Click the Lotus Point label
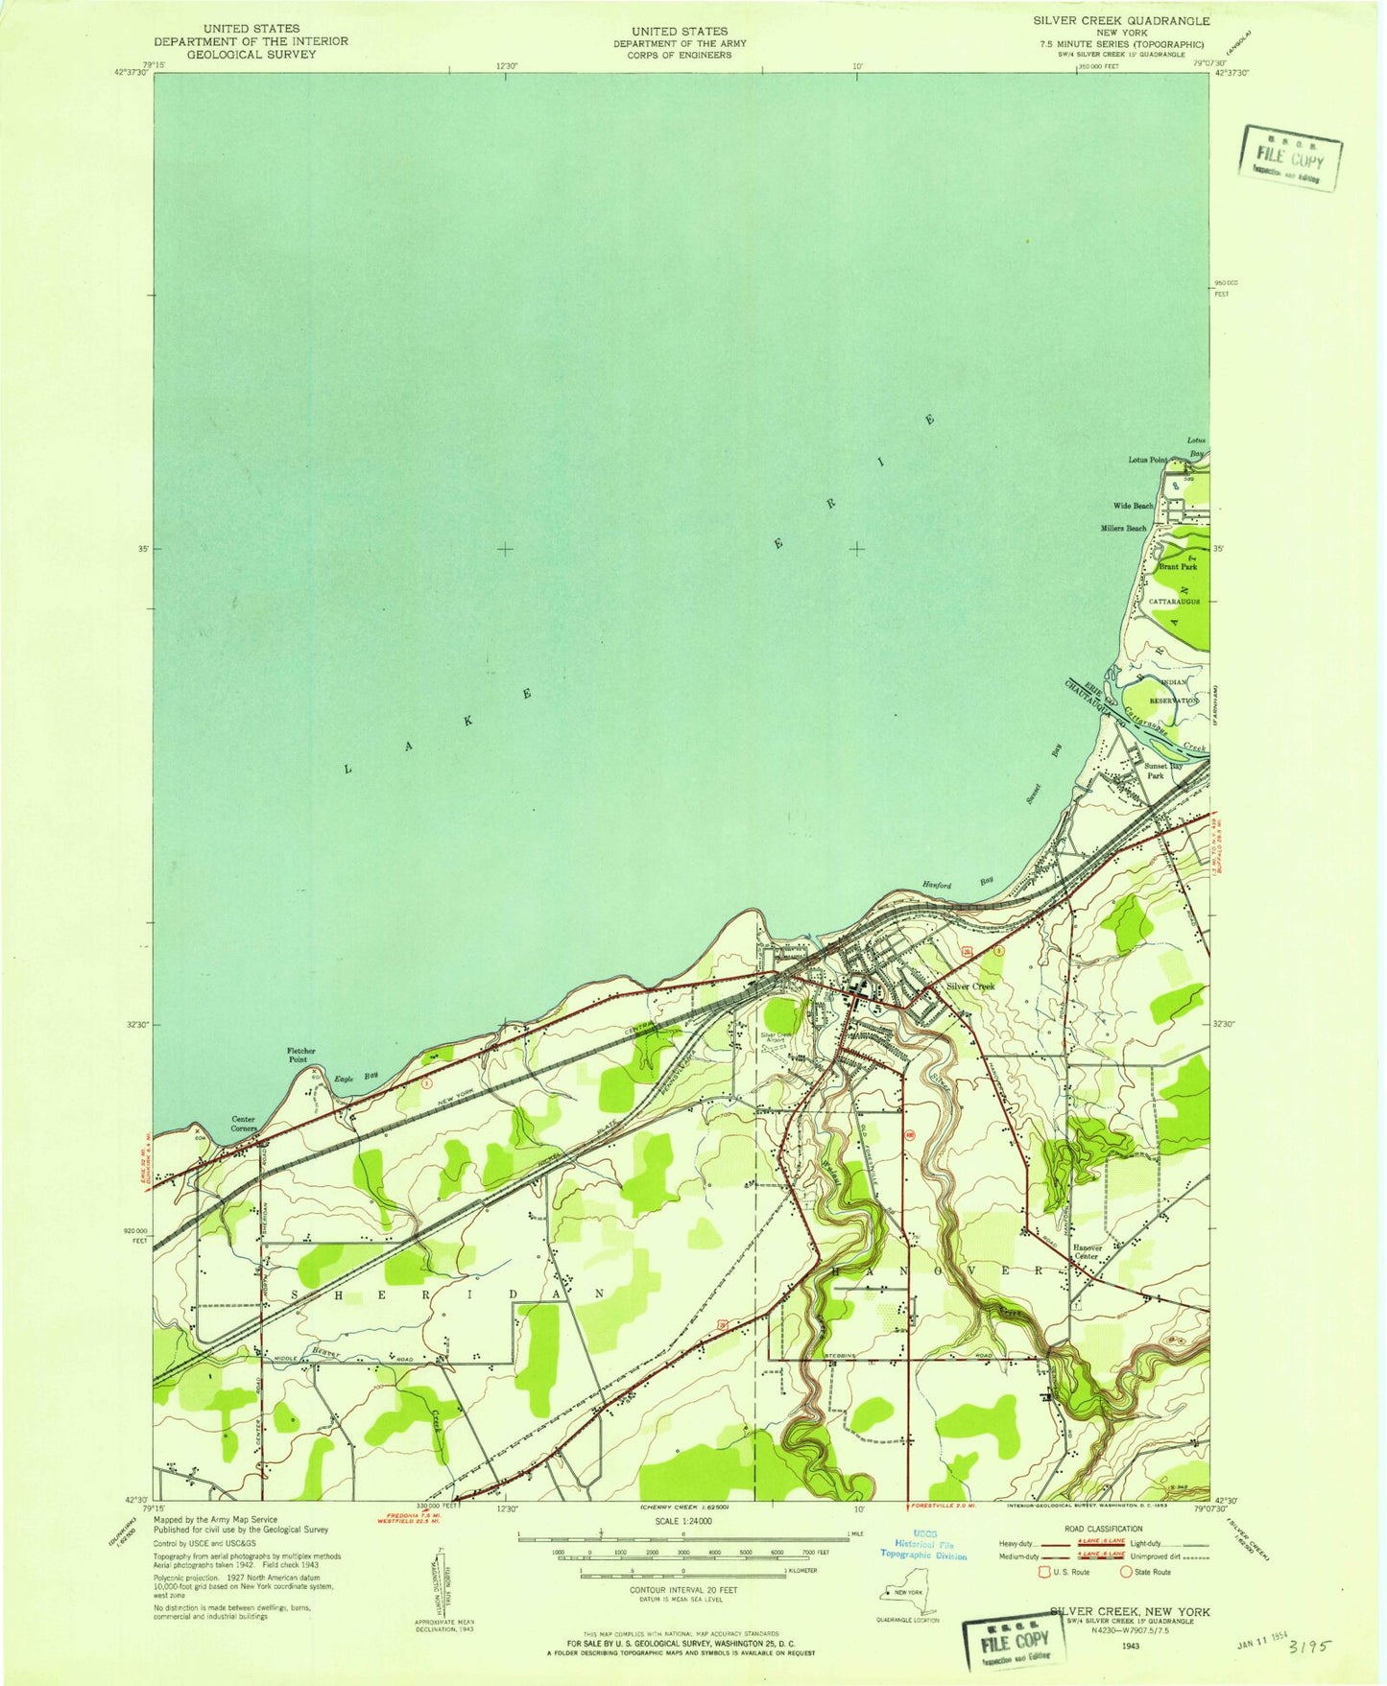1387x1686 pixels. coord(1147,460)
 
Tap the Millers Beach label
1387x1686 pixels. coord(1123,529)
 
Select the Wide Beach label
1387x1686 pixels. coord(1133,506)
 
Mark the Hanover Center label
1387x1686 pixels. coord(1086,1251)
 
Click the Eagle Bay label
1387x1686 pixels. coord(356,1079)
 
